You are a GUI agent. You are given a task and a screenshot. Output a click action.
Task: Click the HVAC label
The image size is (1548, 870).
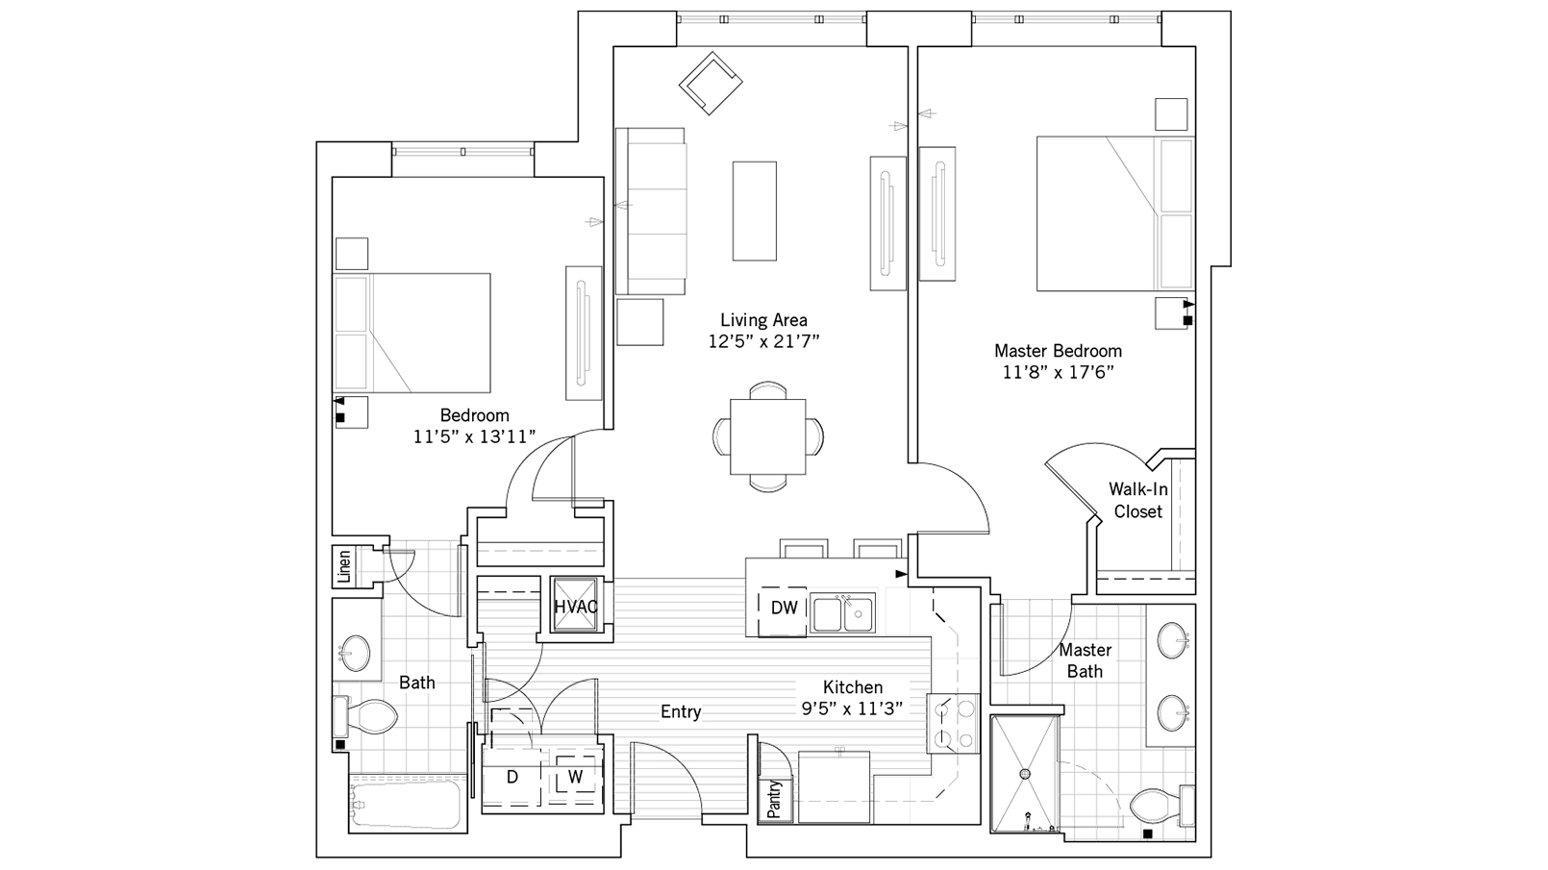tap(575, 607)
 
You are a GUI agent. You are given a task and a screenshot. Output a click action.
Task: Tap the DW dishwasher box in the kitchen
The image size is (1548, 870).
tap(784, 609)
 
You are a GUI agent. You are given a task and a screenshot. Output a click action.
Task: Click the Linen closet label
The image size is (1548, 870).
tap(344, 566)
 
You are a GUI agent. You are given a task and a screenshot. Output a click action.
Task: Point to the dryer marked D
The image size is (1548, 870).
tap(512, 777)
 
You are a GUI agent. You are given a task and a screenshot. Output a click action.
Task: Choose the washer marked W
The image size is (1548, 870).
tap(575, 777)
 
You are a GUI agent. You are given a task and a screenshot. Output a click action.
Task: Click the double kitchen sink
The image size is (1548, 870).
tap(841, 613)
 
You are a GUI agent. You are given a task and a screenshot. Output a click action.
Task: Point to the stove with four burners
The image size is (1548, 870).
tap(952, 723)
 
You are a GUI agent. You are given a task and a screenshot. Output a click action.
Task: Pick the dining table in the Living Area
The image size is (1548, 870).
tap(767, 436)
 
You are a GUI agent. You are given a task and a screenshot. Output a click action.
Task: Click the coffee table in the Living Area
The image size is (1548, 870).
tap(754, 211)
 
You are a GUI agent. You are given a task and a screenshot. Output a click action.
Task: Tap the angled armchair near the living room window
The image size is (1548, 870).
tap(711, 84)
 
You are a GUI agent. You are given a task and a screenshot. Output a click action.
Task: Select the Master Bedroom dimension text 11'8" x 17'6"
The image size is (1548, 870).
tap(1058, 373)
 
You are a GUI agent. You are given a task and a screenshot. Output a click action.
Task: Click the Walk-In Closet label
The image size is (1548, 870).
tap(1138, 500)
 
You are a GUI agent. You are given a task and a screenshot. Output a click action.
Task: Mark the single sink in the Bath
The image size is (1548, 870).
tap(356, 653)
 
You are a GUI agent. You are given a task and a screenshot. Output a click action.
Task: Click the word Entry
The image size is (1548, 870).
tap(680, 711)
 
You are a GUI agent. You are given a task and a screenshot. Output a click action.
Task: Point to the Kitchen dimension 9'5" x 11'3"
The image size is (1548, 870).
tap(852, 709)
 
